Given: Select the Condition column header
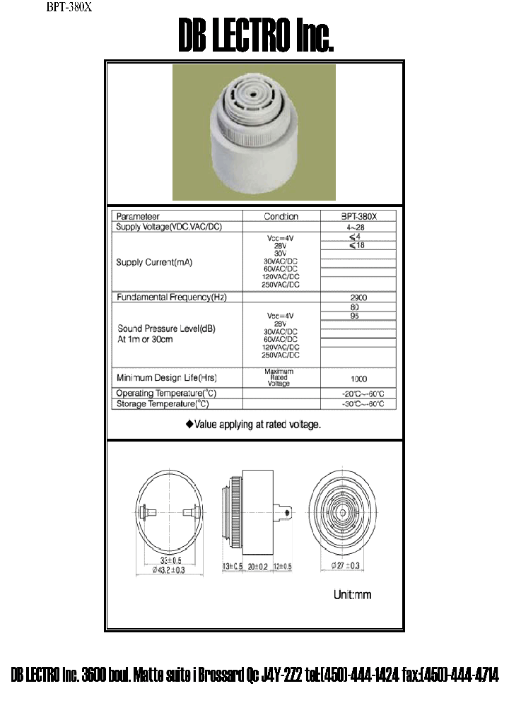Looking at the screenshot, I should tap(281, 216).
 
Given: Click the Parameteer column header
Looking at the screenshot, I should tap(138, 216).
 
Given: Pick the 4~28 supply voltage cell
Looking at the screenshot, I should tap(358, 227).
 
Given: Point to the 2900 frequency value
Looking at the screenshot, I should tap(358, 297).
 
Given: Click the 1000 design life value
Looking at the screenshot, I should tap(358, 379).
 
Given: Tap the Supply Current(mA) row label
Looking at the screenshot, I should tap(154, 262).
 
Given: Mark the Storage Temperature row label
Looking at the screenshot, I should tap(163, 404).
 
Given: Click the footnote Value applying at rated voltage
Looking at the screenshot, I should tap(253, 425).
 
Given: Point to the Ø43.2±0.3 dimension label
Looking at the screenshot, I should tap(168, 571).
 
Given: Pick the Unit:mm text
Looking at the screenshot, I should tap(352, 595).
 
